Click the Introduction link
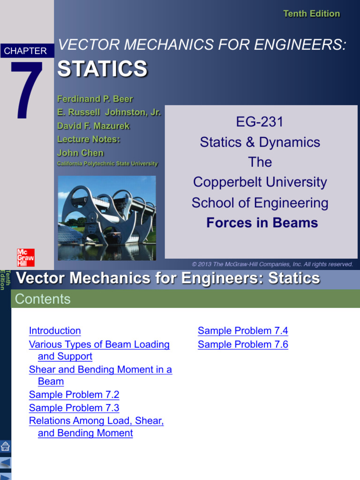coord(55,330)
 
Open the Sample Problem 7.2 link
coord(74,394)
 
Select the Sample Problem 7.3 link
coord(74,408)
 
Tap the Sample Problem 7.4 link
coord(243,330)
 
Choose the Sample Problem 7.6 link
coord(243,345)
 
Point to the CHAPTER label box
coord(26,51)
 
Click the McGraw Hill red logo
coord(26,257)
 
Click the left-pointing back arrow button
coord(6,463)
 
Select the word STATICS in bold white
coord(102,69)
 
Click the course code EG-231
coord(260,122)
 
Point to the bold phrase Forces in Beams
coord(262,223)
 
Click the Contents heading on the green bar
coord(43,299)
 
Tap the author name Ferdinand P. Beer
coord(95,99)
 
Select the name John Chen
coord(80,153)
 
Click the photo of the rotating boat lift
coord(107,218)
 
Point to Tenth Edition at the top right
coord(311,14)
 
